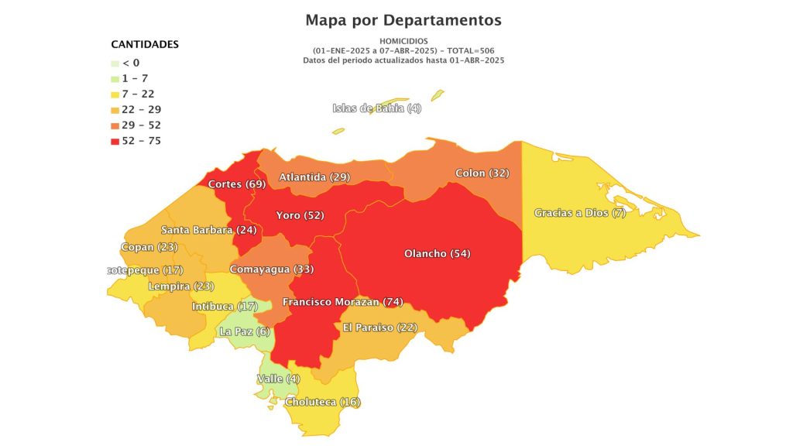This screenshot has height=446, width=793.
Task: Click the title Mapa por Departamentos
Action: click(403, 20)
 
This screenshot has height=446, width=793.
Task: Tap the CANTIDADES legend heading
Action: click(145, 44)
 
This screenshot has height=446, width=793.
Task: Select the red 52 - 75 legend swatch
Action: click(115, 141)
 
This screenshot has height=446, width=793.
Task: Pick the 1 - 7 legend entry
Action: click(136, 78)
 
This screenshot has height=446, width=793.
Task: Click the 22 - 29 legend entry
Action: click(139, 109)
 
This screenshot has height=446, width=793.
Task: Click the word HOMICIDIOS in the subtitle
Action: click(403, 40)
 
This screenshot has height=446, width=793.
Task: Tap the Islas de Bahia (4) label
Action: click(377, 108)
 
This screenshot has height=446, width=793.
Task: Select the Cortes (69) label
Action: click(236, 184)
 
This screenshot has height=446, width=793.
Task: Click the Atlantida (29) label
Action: click(314, 177)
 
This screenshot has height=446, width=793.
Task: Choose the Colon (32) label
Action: click(482, 173)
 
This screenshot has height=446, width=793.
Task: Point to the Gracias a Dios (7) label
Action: click(580, 213)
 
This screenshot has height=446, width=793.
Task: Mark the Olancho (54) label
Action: click(437, 254)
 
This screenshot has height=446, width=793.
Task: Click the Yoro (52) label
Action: click(300, 215)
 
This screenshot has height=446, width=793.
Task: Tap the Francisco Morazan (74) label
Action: click(342, 302)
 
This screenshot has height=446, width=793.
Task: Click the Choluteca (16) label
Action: click(323, 403)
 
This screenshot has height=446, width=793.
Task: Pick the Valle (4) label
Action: click(278, 379)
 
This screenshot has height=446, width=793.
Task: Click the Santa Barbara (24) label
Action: click(208, 230)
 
